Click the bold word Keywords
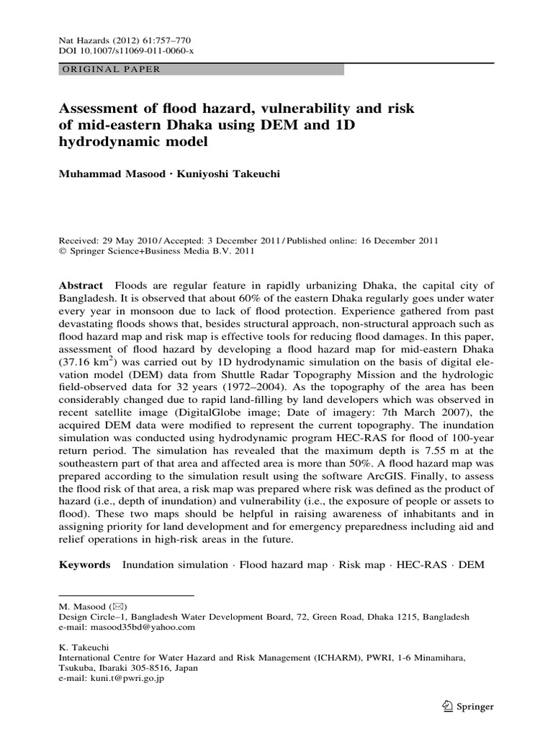coord(84,565)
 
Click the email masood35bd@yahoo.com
coord(138,627)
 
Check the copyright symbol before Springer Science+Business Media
coord(62,252)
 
